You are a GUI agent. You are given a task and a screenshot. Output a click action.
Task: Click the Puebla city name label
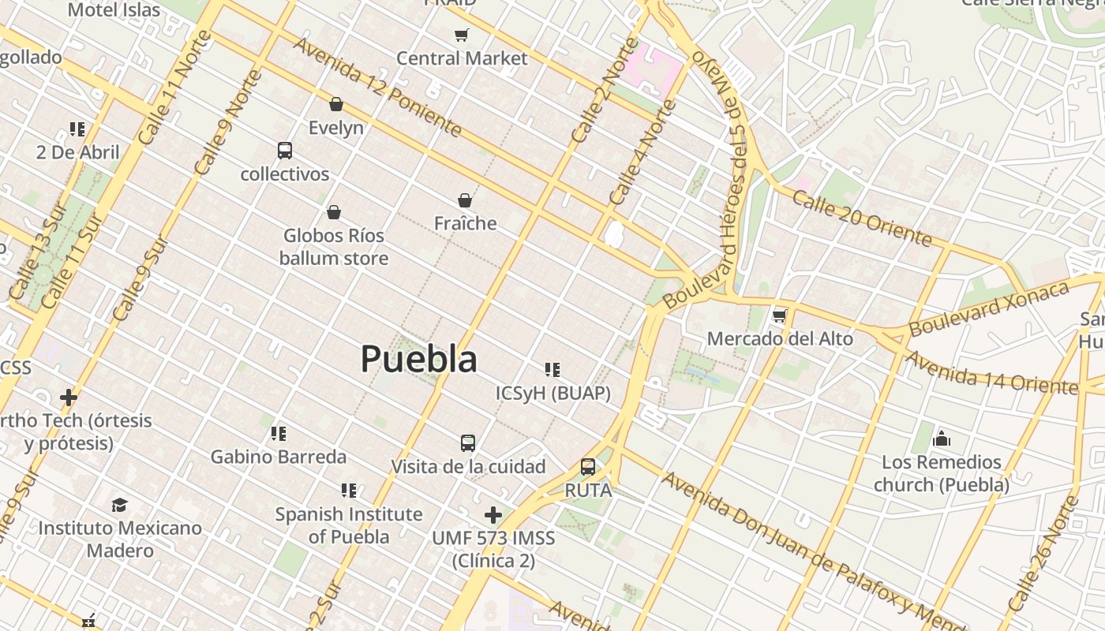tap(419, 360)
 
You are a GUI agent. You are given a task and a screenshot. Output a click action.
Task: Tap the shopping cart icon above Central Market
tap(462, 35)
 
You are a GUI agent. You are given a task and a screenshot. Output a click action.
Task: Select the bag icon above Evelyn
tap(336, 104)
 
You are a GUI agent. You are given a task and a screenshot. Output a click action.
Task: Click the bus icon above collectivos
tap(285, 150)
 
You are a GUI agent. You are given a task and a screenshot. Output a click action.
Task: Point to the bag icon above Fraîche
tap(465, 200)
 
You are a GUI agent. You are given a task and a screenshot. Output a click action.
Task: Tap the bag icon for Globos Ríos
tap(334, 212)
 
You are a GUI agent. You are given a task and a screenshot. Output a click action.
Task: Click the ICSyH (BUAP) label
tap(552, 393)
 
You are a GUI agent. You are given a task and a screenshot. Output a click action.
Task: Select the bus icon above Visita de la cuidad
tap(468, 443)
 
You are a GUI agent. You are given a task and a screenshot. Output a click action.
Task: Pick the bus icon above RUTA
tap(588, 466)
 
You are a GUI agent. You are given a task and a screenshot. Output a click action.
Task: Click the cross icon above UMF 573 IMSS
tap(493, 515)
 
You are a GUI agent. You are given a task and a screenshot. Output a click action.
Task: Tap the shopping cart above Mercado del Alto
tap(780, 315)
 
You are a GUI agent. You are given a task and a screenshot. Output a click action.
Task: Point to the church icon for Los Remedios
tap(941, 439)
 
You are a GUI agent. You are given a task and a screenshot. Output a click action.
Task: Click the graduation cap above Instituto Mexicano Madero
tap(119, 505)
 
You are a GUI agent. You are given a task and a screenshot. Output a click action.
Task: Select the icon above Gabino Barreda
tap(278, 433)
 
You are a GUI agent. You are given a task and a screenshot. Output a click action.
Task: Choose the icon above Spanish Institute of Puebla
tap(348, 491)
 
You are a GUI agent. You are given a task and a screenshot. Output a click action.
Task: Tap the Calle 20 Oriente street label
tap(862, 218)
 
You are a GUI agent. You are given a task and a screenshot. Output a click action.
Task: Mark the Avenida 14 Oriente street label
tap(991, 372)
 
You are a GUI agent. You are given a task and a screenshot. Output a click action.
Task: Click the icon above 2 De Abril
tap(77, 129)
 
